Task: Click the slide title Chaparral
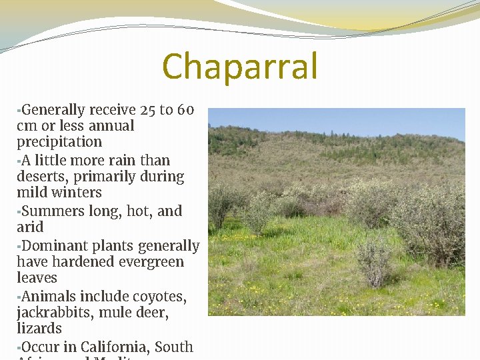pyautogui.click(x=240, y=67)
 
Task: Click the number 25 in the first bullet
pyautogui.click(x=149, y=110)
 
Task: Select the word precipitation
pyautogui.click(x=59, y=143)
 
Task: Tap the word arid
pyautogui.click(x=30, y=227)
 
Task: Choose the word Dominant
pyautogui.click(x=54, y=246)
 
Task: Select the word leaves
pyautogui.click(x=37, y=278)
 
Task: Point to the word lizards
pyautogui.click(x=39, y=329)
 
